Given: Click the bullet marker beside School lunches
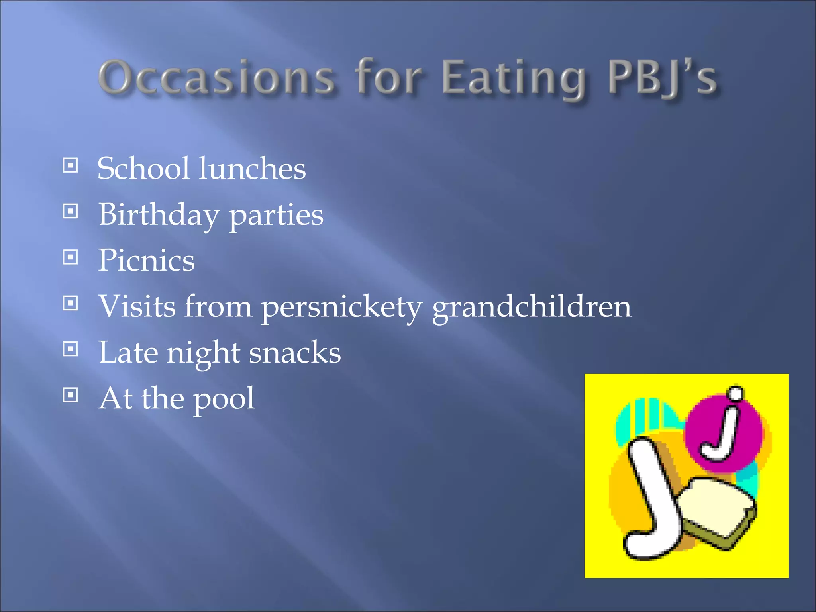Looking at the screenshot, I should (x=71, y=165).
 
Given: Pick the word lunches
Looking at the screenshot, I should (x=252, y=168).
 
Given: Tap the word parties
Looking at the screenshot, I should (x=276, y=216).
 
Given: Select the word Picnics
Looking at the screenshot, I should (x=147, y=260).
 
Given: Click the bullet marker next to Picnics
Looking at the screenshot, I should (x=71, y=257).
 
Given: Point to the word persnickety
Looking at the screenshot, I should (x=341, y=307).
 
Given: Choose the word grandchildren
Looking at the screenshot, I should (x=532, y=307).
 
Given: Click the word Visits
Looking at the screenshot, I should (x=137, y=306).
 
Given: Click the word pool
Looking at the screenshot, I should (x=224, y=399).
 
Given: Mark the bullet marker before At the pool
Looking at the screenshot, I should (x=71, y=395).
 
